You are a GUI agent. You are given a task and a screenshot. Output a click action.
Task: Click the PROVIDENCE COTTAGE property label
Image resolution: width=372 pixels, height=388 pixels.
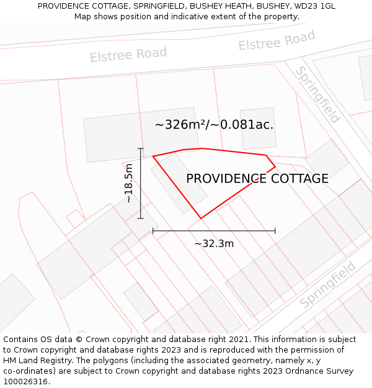tap(257, 179)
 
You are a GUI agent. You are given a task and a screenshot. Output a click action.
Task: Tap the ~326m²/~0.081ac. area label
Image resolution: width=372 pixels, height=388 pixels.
tap(214, 124)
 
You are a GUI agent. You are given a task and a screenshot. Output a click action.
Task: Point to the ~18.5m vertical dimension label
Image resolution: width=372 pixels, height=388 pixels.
tap(128, 183)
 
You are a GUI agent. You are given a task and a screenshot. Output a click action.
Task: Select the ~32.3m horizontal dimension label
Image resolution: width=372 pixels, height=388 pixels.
tap(214, 243)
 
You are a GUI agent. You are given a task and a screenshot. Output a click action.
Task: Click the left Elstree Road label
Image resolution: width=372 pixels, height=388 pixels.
tap(128, 55)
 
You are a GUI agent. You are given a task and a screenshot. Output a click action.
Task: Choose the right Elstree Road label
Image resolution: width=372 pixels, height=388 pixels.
tap(277, 42)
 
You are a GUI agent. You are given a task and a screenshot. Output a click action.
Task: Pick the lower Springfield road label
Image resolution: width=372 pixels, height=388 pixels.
tap(328, 285)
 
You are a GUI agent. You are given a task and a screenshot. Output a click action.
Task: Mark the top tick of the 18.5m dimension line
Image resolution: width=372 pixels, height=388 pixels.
tap(141, 148)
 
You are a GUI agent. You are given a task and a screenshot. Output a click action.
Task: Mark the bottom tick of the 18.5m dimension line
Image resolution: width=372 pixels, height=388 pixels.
tap(141, 219)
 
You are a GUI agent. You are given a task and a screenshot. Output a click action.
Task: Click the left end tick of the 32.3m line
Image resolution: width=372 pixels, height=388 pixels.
tap(153, 231)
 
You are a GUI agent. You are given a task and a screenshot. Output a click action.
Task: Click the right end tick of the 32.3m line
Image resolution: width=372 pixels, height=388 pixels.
tap(275, 231)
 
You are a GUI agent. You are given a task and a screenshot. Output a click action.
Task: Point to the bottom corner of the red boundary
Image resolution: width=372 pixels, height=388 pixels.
tap(201, 218)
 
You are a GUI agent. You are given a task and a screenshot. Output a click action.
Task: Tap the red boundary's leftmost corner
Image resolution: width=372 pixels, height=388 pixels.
tap(153, 156)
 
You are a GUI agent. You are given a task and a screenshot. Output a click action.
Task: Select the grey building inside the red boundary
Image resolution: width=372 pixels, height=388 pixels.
tap(179, 183)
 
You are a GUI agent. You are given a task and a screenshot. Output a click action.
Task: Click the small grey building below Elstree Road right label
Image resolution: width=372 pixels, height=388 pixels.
tap(257, 129)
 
